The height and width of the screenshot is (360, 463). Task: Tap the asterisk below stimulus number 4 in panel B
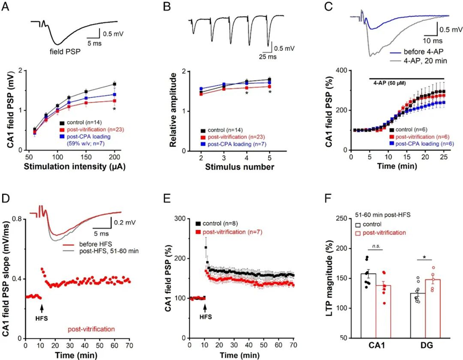click(x=246, y=94)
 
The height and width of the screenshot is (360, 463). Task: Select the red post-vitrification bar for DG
click(x=433, y=308)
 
